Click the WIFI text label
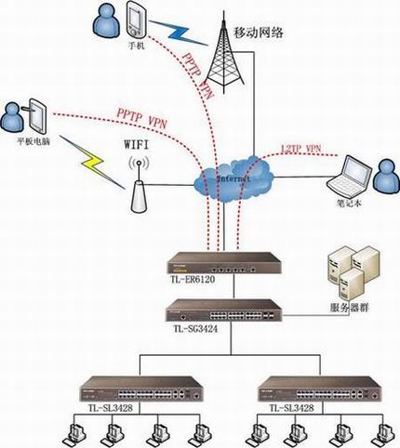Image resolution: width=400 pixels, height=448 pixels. [x=137, y=145]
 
